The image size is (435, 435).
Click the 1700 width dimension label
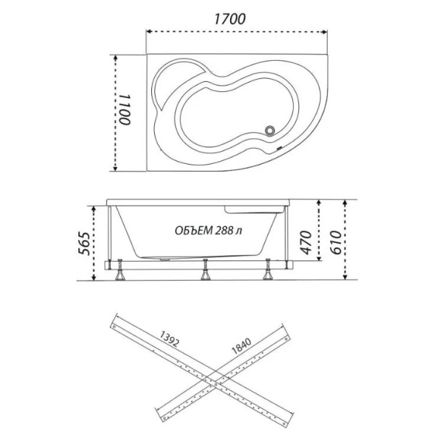(230, 19)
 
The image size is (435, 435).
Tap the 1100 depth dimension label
(125, 109)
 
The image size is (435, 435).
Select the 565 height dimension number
(84, 243)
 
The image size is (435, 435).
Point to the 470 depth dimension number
(306, 242)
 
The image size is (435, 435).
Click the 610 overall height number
(336, 242)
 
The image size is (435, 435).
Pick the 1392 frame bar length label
(169, 339)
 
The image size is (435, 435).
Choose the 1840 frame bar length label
(241, 346)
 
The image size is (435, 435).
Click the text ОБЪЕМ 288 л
(208, 231)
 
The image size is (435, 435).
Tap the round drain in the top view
(270, 130)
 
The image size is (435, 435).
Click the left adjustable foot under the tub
(120, 270)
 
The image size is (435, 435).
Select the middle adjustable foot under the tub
(206, 270)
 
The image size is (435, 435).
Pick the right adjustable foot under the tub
(268, 269)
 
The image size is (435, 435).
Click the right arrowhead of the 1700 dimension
(324, 32)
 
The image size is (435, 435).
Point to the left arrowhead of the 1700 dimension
(150, 31)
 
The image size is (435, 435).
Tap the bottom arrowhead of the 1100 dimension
(115, 168)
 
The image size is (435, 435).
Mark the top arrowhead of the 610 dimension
(345, 203)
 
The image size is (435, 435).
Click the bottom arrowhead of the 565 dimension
(94, 277)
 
